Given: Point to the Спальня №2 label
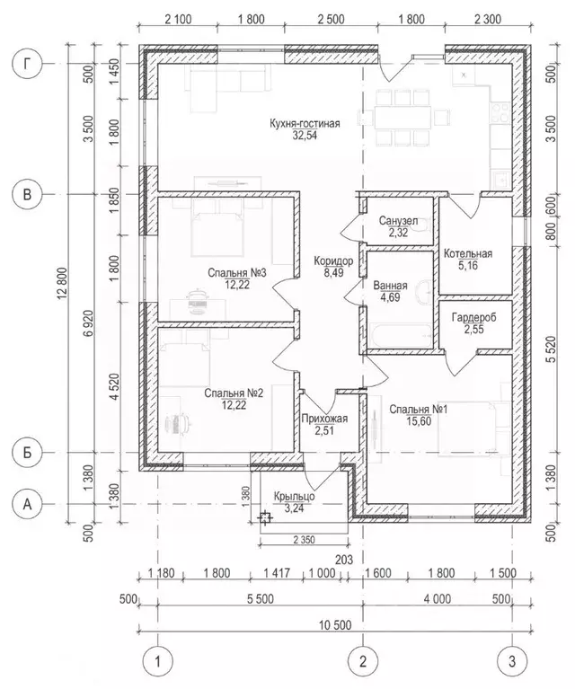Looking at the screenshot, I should [233, 393].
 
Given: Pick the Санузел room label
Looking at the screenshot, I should [398, 220].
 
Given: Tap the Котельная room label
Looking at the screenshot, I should [467, 253].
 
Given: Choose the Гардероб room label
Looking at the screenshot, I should [467, 317].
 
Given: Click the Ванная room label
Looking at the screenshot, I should [391, 287].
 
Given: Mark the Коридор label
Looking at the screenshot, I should [332, 261].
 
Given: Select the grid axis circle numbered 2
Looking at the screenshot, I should [363, 662].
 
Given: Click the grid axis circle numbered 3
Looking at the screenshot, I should [511, 662].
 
